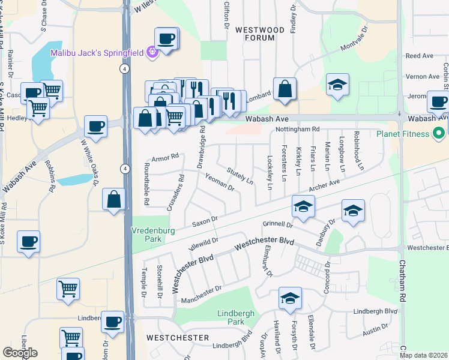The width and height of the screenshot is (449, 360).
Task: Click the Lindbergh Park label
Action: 236,317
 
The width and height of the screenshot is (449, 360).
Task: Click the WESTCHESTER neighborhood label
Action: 178,338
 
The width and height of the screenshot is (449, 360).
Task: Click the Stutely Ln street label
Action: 240,175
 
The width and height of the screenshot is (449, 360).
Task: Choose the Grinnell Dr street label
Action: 277,224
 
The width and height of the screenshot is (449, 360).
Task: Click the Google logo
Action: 20,353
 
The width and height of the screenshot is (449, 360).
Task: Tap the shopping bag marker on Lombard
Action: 285,89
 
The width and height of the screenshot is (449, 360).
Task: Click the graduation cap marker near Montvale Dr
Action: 337,85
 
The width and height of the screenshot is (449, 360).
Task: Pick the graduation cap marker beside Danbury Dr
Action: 353,212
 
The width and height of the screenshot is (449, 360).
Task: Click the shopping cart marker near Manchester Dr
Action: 68,289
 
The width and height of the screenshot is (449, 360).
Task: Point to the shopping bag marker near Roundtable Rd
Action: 114,200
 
